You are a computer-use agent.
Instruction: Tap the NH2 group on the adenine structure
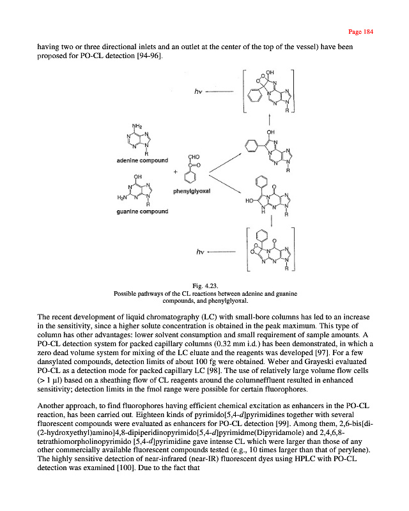point(136,125)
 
